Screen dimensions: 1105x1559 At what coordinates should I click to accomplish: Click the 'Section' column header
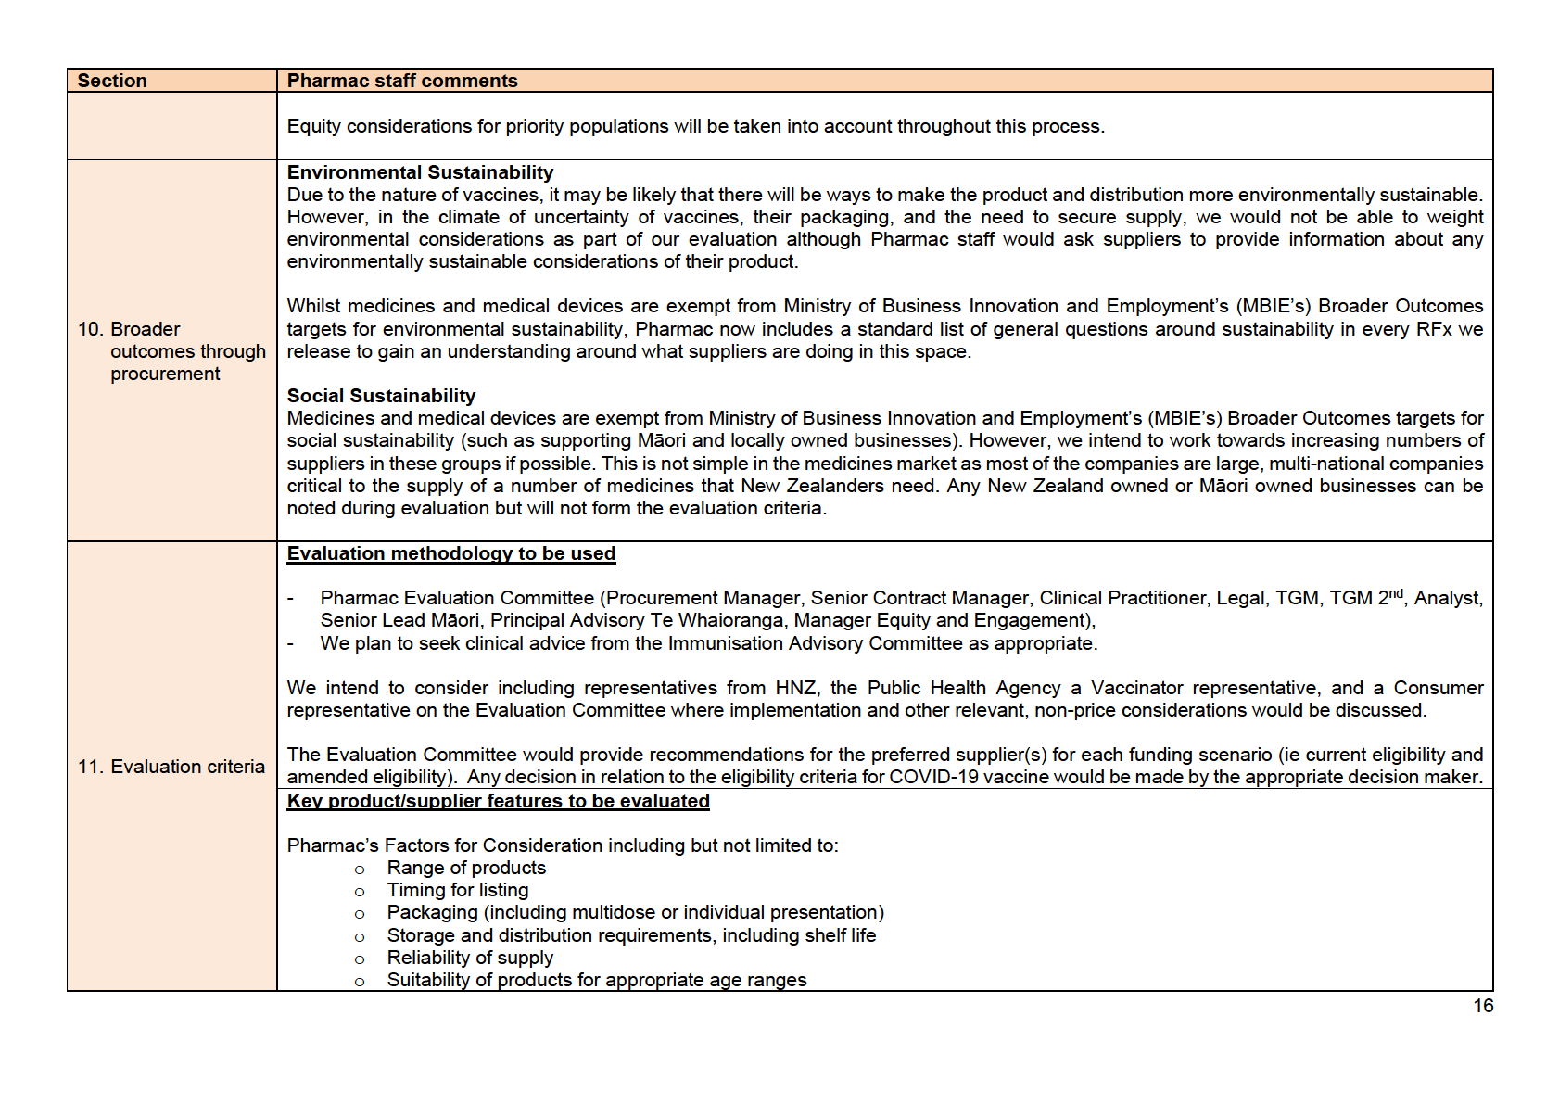click(x=112, y=81)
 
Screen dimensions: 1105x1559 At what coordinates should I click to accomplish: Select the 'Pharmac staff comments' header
click(x=402, y=81)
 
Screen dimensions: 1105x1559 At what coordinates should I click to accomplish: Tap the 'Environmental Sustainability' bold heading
click(x=420, y=172)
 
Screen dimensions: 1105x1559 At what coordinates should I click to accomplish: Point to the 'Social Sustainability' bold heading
click(x=381, y=396)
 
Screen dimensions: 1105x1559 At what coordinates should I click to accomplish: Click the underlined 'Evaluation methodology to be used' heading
click(x=451, y=553)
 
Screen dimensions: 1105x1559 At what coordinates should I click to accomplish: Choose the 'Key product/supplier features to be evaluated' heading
click(x=498, y=801)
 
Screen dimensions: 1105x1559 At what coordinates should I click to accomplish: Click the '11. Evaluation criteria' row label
click(x=171, y=767)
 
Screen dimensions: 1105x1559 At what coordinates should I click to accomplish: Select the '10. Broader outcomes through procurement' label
click(x=171, y=351)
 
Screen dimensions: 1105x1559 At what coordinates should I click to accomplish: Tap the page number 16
click(x=1483, y=1006)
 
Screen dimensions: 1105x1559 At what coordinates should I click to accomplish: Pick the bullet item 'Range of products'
click(x=466, y=868)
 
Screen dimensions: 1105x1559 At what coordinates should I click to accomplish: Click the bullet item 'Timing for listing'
click(x=458, y=890)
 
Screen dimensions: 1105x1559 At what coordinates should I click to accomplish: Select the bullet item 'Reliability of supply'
click(x=470, y=958)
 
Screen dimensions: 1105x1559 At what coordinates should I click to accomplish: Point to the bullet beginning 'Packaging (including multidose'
click(x=635, y=912)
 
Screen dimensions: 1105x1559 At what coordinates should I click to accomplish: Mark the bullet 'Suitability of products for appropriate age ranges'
click(x=596, y=980)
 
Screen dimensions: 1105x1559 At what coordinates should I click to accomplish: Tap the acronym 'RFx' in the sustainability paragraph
click(x=1434, y=329)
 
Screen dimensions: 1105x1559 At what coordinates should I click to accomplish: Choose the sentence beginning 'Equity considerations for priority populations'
click(x=695, y=126)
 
